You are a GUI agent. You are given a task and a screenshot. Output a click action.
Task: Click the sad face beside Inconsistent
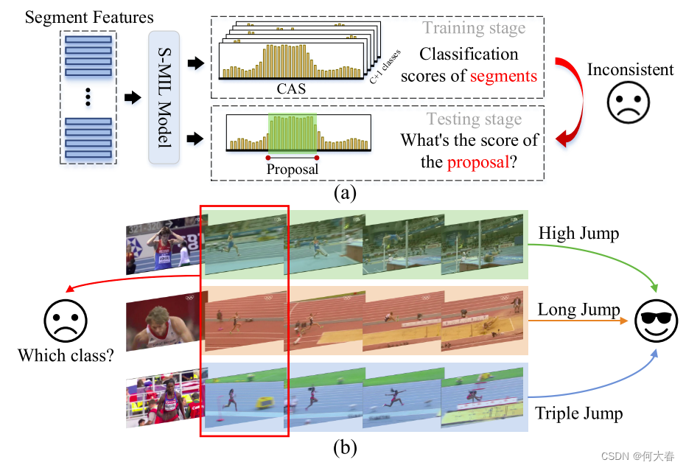[x=630, y=103]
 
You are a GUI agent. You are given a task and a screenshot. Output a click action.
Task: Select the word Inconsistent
[x=630, y=70]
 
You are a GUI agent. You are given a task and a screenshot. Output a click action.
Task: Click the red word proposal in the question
[x=477, y=161]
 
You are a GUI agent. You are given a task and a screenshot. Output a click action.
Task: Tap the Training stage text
[x=475, y=29]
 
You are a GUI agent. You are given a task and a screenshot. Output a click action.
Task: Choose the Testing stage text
[x=474, y=119]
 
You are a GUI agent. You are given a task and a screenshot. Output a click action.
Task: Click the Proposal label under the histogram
[x=293, y=169]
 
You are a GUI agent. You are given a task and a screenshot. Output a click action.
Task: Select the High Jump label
[x=578, y=234]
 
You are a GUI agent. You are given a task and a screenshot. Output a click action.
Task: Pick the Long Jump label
[x=578, y=310]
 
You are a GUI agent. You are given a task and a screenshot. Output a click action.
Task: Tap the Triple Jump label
[x=579, y=413]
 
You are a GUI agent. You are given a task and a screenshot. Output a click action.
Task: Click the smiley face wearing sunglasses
[x=657, y=322]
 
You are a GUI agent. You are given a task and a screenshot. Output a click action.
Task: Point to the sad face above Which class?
[x=66, y=321]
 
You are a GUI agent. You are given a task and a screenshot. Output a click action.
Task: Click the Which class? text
[x=66, y=355]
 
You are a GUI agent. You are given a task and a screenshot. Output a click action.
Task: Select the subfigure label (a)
[x=345, y=193]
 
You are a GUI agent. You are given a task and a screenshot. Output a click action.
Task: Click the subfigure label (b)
[x=345, y=447]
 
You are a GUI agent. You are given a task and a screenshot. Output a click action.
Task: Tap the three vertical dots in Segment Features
[x=88, y=97]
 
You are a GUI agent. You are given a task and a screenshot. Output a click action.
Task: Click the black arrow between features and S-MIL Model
[x=132, y=98]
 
